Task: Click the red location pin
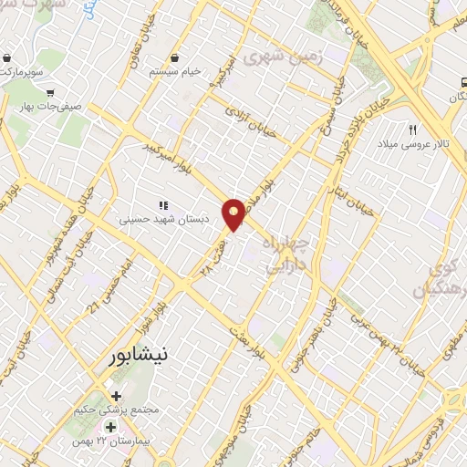click(x=235, y=213)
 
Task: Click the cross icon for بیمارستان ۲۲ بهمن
click(x=110, y=427)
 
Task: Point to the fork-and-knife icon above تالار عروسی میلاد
click(x=412, y=131)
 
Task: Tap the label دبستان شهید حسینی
click(x=164, y=220)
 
